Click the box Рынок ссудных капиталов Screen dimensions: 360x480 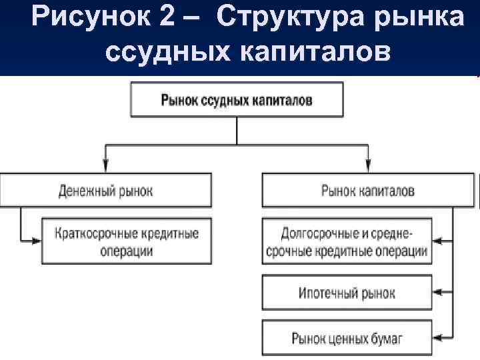pos(237,100)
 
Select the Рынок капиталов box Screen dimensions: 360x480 pos(367,191)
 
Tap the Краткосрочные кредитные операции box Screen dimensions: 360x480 pos(129,242)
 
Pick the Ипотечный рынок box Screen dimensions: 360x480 pos(347,292)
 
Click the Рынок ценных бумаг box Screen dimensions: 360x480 pos(347,338)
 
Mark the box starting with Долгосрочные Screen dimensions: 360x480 pos(347,242)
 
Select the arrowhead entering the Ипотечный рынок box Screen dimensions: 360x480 pos(437,292)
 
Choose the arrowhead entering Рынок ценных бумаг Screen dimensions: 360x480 pos(437,338)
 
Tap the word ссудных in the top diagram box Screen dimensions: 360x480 pos(223,100)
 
